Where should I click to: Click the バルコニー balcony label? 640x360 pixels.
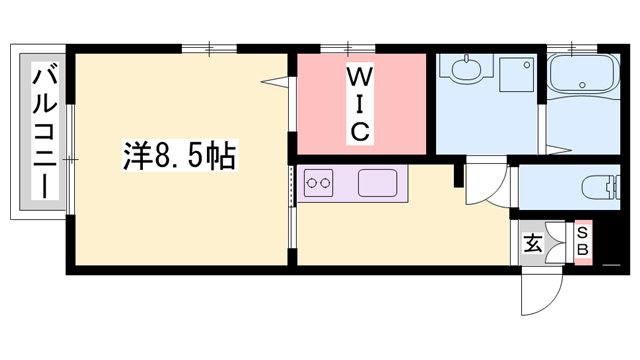coord(43,130)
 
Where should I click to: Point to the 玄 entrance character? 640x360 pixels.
coord(533,243)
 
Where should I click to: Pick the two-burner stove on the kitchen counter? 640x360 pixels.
coord(318,183)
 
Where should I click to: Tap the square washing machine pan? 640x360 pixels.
coord(517,74)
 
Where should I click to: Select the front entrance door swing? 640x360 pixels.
coord(537,291)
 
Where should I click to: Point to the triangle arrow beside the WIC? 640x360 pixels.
coord(269,81)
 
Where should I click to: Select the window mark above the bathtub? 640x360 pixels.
coord(571,46)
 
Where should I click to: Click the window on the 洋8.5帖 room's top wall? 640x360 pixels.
coord(210,46)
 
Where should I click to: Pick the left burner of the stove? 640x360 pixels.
coord(311,183)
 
